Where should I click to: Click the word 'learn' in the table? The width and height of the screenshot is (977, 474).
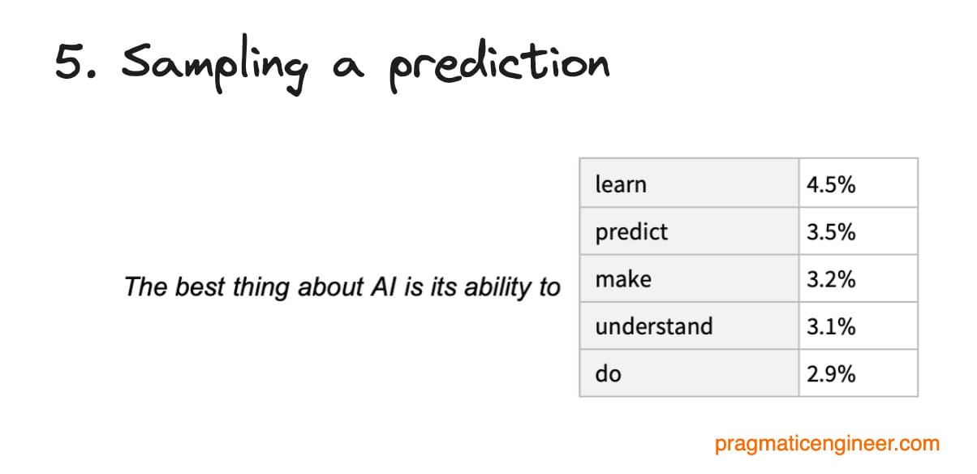[x=621, y=184]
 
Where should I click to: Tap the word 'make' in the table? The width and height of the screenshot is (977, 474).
[x=623, y=279]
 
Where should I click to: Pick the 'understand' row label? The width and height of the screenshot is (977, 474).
[x=654, y=326]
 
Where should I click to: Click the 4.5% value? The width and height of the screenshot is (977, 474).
[x=831, y=184]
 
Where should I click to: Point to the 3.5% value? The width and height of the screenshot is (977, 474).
[x=831, y=232]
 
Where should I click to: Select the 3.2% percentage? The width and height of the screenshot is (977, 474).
[x=831, y=279]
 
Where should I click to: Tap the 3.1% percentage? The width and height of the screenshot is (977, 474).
[x=831, y=326]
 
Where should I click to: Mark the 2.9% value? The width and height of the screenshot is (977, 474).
[x=831, y=374]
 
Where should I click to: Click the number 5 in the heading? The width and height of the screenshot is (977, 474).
[x=70, y=61]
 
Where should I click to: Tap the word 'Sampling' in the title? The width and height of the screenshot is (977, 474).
[x=214, y=65]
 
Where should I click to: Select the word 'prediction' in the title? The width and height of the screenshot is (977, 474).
[x=499, y=66]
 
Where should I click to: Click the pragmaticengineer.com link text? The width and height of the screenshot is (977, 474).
[x=827, y=443]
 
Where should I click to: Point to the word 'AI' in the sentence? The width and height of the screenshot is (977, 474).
[x=383, y=287]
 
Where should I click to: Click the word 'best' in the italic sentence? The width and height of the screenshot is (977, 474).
[x=200, y=287]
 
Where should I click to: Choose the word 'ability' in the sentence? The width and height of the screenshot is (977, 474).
[x=497, y=288]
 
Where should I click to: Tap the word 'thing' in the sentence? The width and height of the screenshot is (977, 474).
[x=260, y=288]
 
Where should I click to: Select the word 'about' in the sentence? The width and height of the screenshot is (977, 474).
[x=330, y=287]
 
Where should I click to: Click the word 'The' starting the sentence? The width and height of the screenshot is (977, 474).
[x=146, y=287]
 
